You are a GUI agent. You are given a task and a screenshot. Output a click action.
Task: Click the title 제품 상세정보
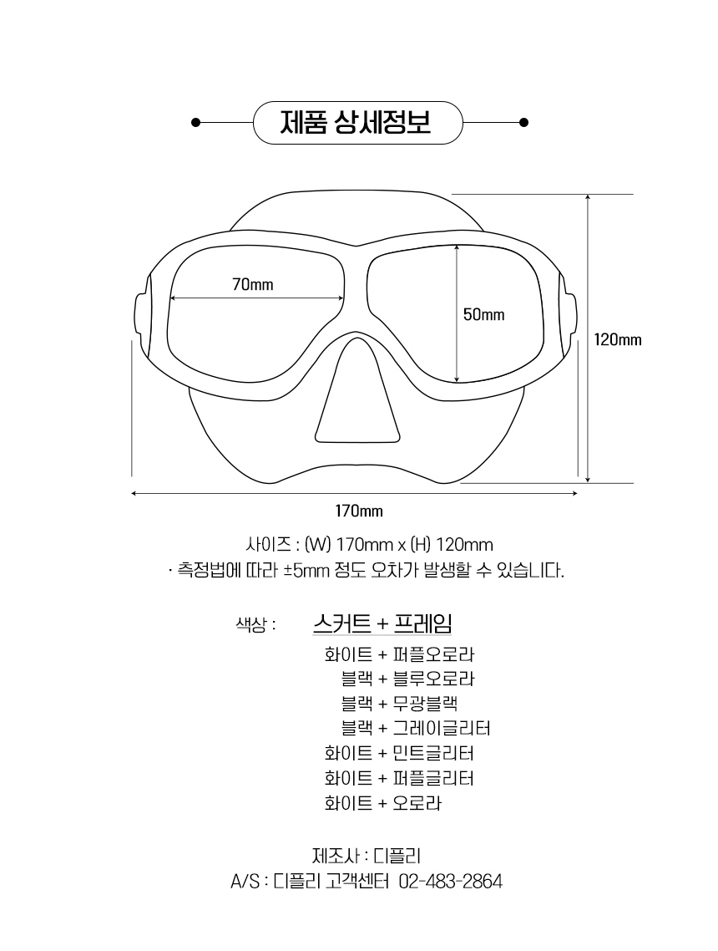pyautogui.click(x=357, y=123)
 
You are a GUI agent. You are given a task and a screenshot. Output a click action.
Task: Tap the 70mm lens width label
pyautogui.click(x=252, y=285)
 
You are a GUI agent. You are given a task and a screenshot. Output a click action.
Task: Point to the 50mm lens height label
pyautogui.click(x=484, y=314)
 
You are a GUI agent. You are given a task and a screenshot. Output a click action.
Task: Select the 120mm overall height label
pyautogui.click(x=618, y=339)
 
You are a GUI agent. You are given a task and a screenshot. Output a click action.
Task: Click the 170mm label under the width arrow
pyautogui.click(x=359, y=511)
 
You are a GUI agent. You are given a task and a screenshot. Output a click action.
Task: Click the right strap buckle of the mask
pyautogui.click(x=570, y=313)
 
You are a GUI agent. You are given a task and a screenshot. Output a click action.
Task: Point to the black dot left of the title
pyautogui.click(x=195, y=122)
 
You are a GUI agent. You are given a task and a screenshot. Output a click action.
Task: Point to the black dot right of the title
pyautogui.click(x=523, y=122)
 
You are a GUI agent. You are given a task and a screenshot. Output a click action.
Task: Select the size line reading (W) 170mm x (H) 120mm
pyautogui.click(x=369, y=545)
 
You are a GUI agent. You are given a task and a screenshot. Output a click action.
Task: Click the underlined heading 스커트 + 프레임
pyautogui.click(x=382, y=623)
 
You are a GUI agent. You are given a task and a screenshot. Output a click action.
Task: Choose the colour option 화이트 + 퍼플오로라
pyautogui.click(x=399, y=653)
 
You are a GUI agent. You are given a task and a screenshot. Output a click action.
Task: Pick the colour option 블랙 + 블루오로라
pyautogui.click(x=407, y=679)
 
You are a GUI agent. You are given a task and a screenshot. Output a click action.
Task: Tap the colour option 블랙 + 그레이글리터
pyautogui.click(x=415, y=729)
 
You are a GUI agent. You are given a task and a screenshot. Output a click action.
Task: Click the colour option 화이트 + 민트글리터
pyautogui.click(x=399, y=754)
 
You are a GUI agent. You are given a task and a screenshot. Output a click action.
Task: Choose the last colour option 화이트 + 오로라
pyautogui.click(x=382, y=804)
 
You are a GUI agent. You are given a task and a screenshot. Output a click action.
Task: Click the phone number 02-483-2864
pyautogui.click(x=451, y=882)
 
